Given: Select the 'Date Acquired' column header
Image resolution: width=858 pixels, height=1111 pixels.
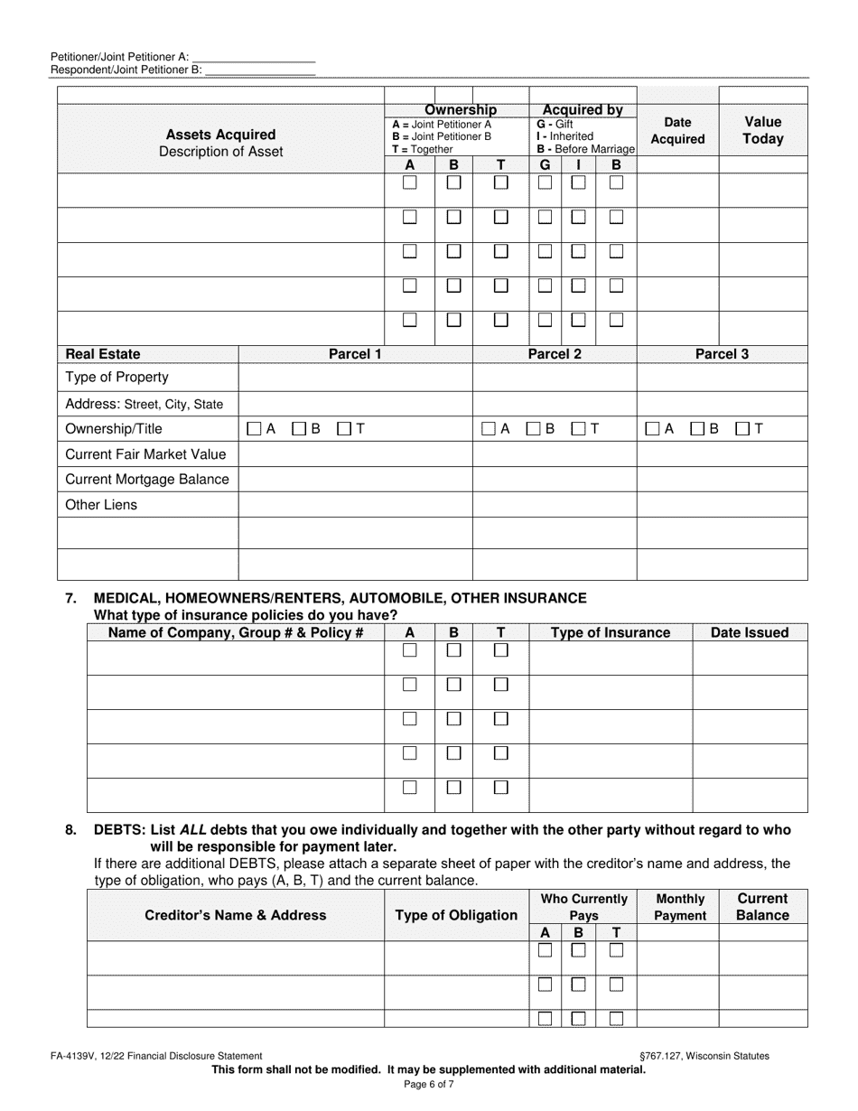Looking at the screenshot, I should [677, 131].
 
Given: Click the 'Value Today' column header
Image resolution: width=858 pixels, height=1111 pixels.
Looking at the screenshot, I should [763, 130].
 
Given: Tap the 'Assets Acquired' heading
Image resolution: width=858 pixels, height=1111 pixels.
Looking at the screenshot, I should [220, 135].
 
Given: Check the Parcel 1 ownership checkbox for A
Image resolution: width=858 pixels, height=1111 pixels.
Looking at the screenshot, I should [255, 429].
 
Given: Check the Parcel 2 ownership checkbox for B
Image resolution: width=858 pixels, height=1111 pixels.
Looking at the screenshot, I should [534, 429].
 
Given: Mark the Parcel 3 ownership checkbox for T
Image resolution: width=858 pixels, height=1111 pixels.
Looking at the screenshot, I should [742, 429].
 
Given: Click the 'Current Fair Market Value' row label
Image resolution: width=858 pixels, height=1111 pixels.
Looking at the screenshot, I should [145, 454].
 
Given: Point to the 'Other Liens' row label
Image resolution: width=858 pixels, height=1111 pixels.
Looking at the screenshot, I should [101, 505].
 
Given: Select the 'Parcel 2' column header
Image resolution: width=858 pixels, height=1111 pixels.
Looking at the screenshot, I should [555, 354].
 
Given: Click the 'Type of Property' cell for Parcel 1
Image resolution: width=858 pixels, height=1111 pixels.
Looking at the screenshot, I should [355, 378].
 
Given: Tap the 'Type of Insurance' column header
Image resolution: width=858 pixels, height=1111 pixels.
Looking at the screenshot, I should [611, 632].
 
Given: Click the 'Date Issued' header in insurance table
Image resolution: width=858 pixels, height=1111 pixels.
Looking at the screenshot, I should [750, 632].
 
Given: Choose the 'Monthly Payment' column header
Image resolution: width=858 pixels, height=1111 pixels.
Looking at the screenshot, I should [678, 907].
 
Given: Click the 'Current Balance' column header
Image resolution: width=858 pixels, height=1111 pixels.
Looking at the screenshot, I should [762, 907].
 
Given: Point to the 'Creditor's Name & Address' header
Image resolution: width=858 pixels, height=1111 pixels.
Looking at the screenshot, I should [236, 915].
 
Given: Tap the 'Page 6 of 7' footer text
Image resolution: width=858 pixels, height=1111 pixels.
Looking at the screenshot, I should [429, 1085].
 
